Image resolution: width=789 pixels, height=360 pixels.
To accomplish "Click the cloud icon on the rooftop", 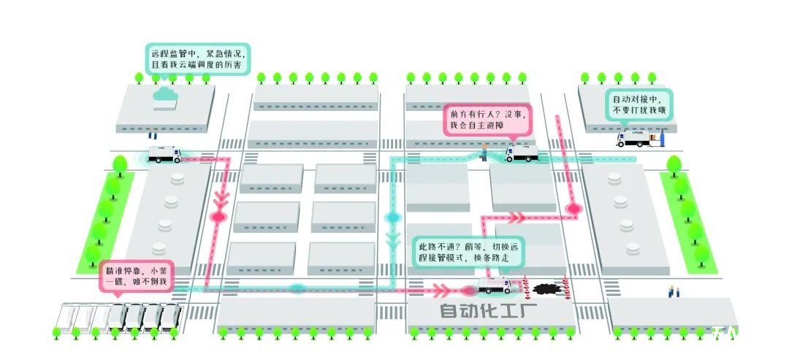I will (x=166, y=94).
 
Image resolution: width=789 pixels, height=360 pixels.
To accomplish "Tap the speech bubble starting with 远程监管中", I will (x=197, y=58).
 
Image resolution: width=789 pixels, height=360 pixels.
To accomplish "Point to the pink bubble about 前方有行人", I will (x=487, y=119).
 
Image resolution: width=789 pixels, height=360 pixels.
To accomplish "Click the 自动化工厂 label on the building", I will (x=489, y=311).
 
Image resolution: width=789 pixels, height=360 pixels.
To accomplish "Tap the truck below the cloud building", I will (x=164, y=154).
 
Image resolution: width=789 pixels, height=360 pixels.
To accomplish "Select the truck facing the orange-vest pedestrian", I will (x=521, y=154).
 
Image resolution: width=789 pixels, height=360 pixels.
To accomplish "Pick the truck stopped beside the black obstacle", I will (x=495, y=286).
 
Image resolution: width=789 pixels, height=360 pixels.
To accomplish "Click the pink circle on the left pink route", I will (x=218, y=217).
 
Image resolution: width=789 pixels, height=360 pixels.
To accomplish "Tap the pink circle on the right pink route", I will (x=573, y=209).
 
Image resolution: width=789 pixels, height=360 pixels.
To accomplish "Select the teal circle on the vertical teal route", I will (x=393, y=217).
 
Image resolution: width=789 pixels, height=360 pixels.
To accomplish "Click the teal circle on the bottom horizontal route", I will (x=297, y=288).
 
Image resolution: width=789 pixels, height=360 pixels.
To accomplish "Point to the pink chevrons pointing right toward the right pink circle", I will (x=517, y=216).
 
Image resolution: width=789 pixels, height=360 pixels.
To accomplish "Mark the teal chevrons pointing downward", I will (x=393, y=240).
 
